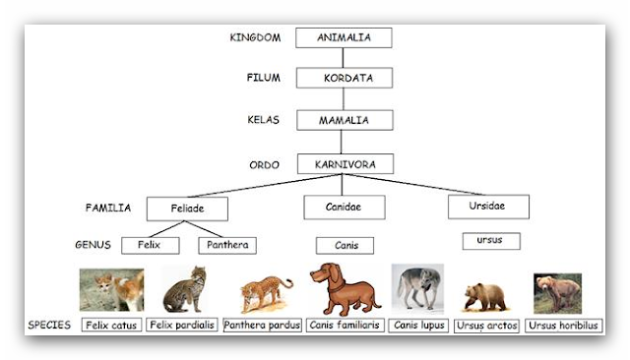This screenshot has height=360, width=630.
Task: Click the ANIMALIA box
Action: (x=343, y=37)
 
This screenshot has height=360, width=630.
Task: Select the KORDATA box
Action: (x=344, y=78)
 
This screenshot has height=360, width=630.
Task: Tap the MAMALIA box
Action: (x=344, y=120)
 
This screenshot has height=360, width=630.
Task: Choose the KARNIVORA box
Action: (x=344, y=162)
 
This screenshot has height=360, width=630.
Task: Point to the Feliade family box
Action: (x=187, y=209)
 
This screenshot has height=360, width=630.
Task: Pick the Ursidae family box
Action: (x=488, y=207)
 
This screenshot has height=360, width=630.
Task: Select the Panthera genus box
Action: (x=227, y=245)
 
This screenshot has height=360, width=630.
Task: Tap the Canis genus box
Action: (x=344, y=245)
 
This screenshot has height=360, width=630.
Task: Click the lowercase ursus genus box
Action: (x=490, y=240)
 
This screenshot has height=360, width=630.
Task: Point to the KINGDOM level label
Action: (x=255, y=37)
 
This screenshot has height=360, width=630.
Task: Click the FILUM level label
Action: (x=263, y=77)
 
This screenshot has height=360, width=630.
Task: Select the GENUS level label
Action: (x=94, y=244)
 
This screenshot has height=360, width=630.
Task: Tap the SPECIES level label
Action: (x=49, y=325)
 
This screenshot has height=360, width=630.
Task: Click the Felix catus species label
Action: (x=110, y=325)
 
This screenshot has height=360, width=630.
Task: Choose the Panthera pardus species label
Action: (x=262, y=325)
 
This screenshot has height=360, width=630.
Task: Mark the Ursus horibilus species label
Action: (x=564, y=325)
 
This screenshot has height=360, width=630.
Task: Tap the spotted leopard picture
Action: (x=265, y=292)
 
